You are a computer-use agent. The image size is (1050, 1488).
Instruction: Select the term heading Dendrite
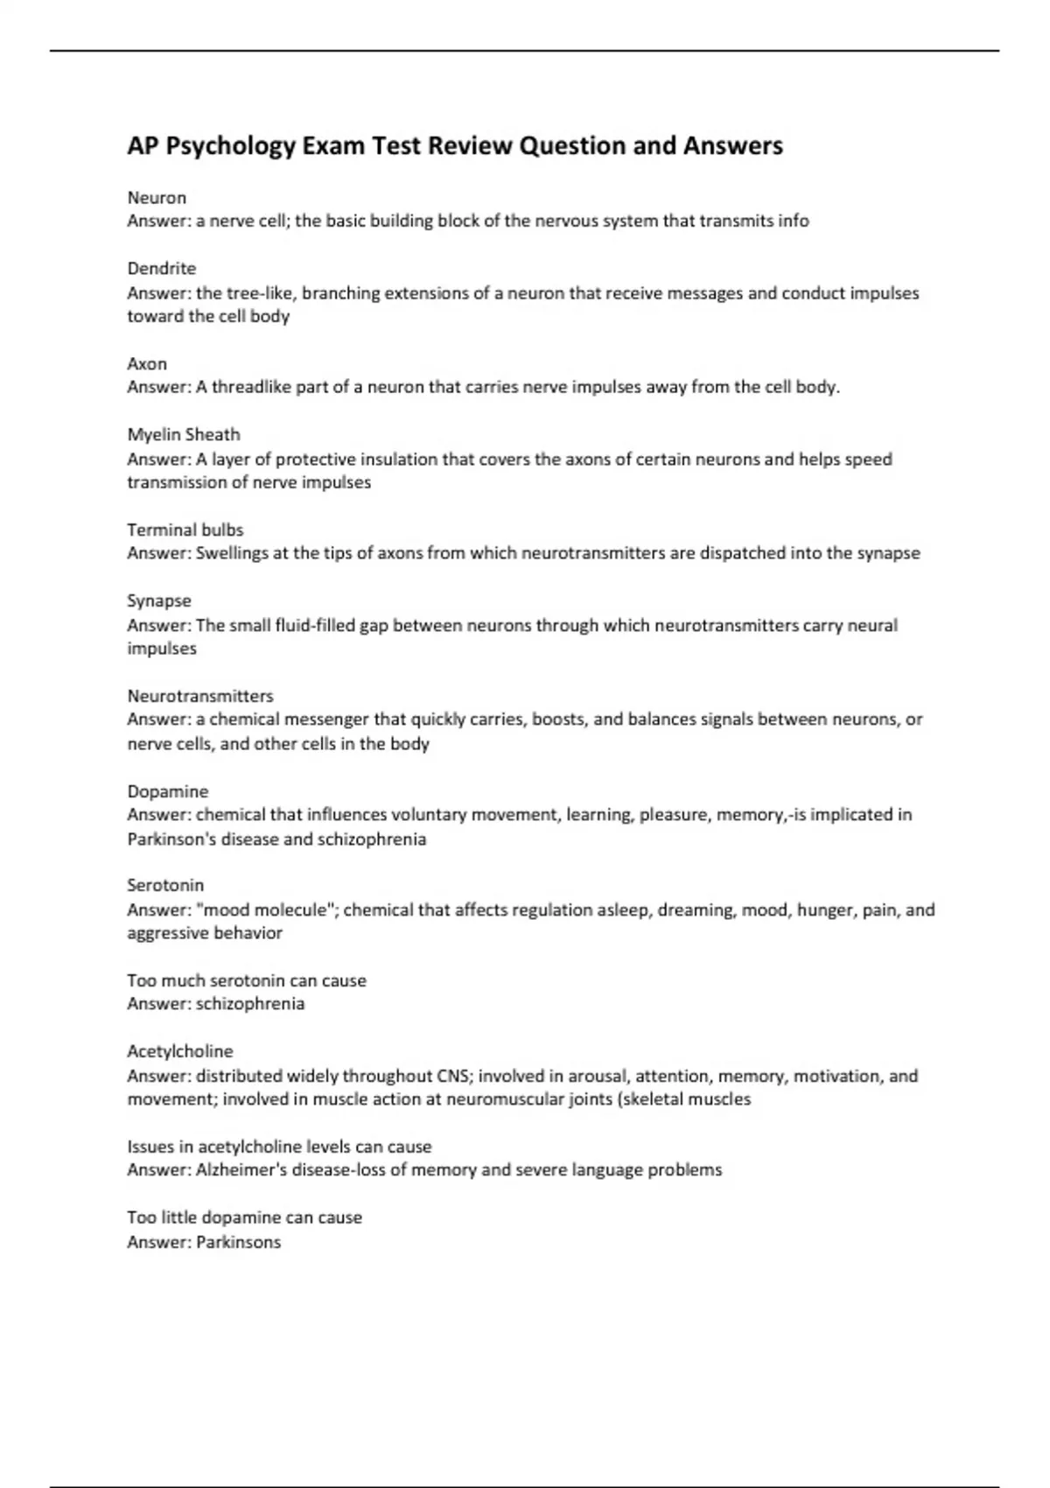coord(161,269)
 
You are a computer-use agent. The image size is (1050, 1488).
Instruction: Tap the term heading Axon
coord(147,363)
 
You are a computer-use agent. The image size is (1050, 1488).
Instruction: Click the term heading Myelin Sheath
coord(183,434)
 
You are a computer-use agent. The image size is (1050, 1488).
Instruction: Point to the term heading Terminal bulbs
coord(185,530)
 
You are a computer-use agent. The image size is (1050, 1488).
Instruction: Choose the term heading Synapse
coord(158,600)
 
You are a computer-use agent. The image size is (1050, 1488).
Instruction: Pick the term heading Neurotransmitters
coord(199,696)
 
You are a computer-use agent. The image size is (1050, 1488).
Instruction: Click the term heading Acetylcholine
coord(179,1051)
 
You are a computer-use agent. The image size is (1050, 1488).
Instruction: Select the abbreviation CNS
coord(452,1076)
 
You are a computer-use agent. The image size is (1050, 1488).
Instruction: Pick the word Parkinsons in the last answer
coord(238,1242)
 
